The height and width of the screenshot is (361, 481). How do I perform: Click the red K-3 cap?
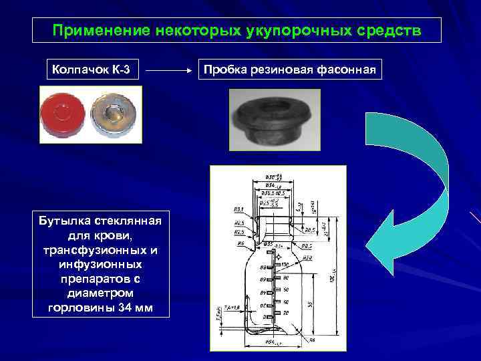click(64, 116)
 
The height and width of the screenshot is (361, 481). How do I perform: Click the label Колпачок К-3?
click(92, 70)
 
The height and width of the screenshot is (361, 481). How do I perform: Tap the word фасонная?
click(349, 70)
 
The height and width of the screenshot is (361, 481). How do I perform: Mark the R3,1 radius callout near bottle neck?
click(238, 209)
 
